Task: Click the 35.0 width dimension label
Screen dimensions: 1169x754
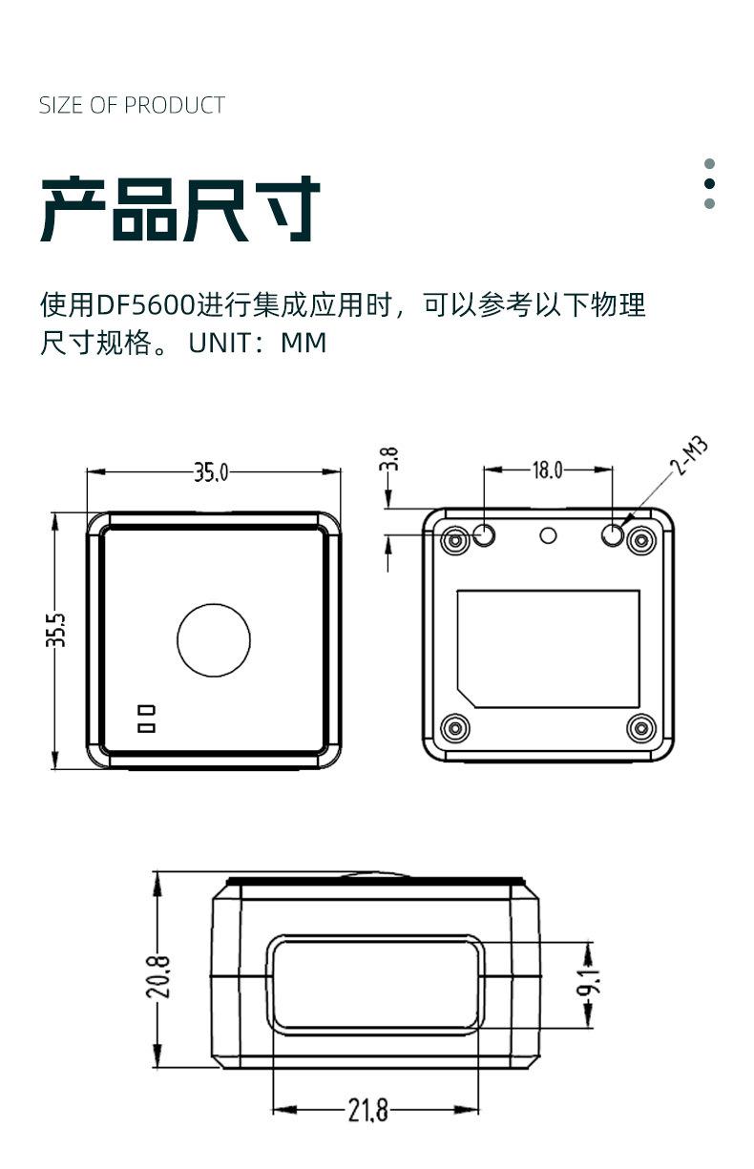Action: (x=211, y=471)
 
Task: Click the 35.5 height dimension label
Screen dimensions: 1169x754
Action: (x=56, y=630)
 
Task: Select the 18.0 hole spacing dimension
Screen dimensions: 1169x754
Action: (x=547, y=470)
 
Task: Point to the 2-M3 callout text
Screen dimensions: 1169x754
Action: (x=689, y=456)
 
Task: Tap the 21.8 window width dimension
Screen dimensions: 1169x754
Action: (x=367, y=1110)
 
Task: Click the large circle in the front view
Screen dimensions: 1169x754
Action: (x=214, y=640)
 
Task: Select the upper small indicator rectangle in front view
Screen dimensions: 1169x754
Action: (x=146, y=710)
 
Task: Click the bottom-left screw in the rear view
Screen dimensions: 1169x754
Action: (x=455, y=729)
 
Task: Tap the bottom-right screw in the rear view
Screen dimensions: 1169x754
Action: (x=640, y=729)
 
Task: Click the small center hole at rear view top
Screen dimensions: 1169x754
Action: (x=548, y=534)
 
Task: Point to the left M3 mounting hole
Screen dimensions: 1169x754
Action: (x=485, y=536)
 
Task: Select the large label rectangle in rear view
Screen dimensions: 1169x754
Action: (x=548, y=649)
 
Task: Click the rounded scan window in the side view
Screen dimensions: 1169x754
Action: (x=375, y=984)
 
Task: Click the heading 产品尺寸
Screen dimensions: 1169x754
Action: (x=180, y=209)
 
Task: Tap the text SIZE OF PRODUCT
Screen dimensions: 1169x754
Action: (x=132, y=105)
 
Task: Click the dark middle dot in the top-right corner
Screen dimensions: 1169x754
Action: (x=709, y=183)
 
